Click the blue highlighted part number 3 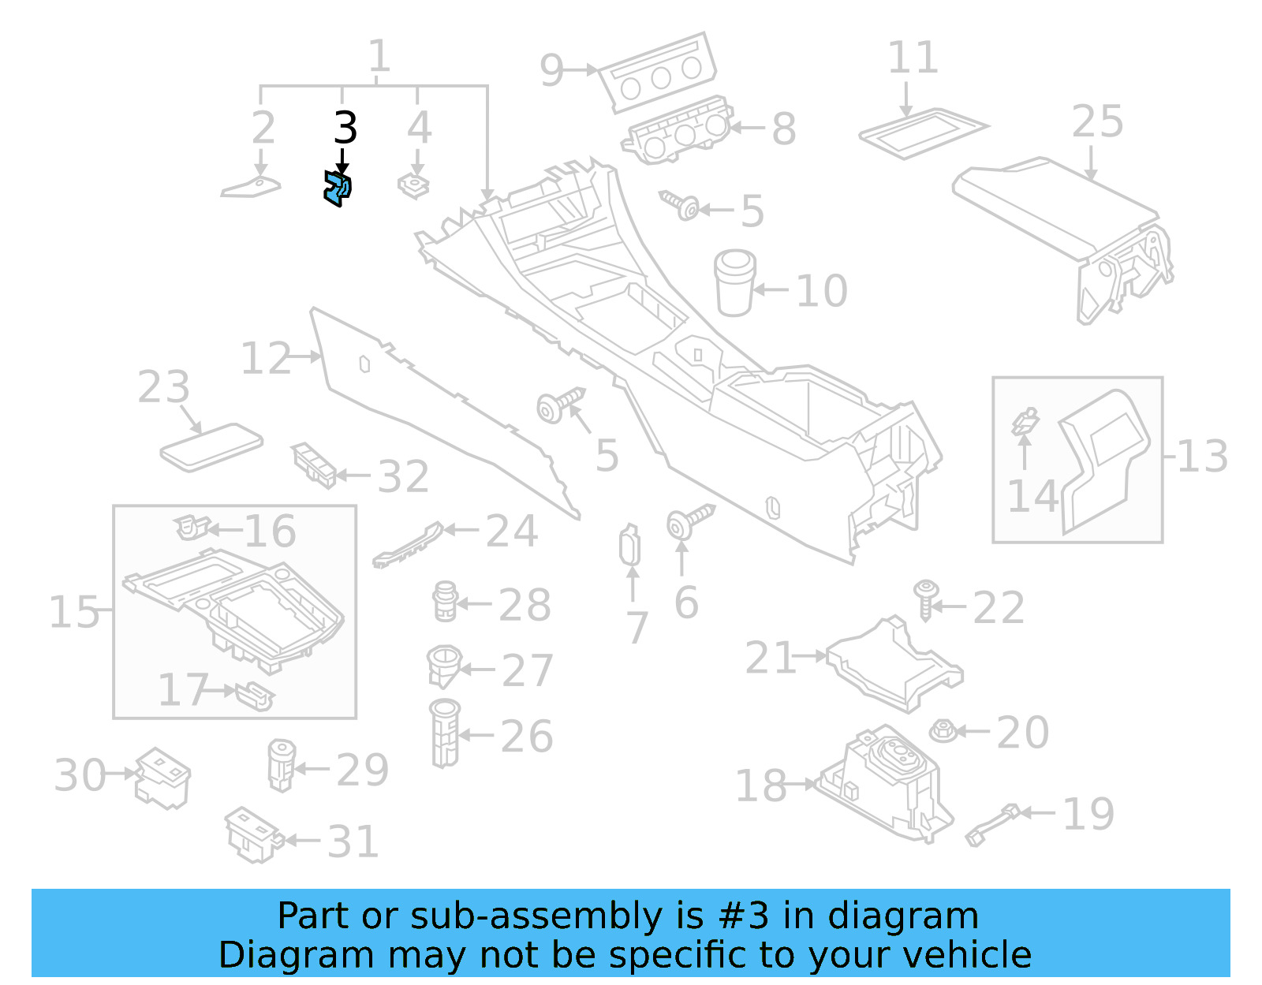point(338,189)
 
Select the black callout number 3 point(345,128)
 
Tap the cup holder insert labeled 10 point(734,283)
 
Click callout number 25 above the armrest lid point(1096,122)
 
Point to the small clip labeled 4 point(413,186)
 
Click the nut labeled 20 point(943,731)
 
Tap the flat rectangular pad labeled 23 point(211,447)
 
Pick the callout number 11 point(913,58)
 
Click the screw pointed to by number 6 point(689,521)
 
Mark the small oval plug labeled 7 point(630,546)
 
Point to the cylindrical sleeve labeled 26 point(445,733)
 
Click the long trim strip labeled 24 point(409,544)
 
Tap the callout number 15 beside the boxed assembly point(73,612)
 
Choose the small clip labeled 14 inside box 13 point(1025,422)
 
